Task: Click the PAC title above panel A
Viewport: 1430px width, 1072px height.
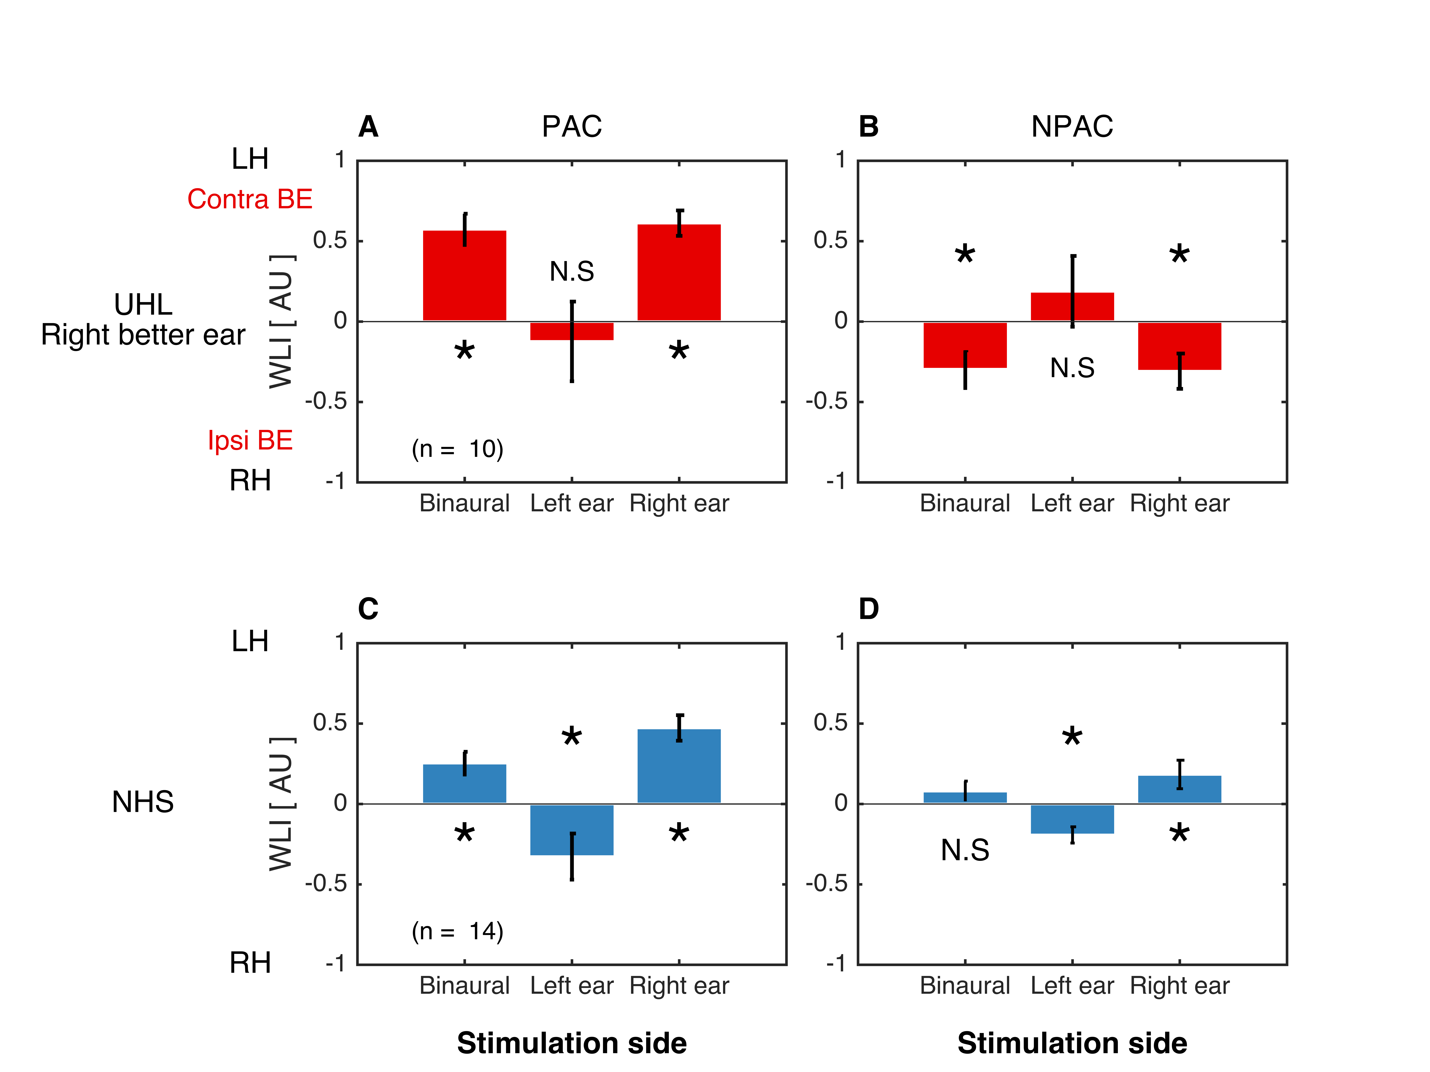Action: coord(571,127)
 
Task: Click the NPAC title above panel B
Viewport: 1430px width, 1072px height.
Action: coord(1072,127)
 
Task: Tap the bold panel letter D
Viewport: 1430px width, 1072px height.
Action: coord(868,609)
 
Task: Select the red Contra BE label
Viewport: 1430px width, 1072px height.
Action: coord(250,199)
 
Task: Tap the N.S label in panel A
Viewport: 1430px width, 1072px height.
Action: coord(571,271)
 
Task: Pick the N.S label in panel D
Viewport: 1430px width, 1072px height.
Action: coord(965,850)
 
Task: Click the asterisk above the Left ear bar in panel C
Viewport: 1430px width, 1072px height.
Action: coord(571,737)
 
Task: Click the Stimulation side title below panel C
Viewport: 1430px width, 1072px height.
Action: coord(571,1043)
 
